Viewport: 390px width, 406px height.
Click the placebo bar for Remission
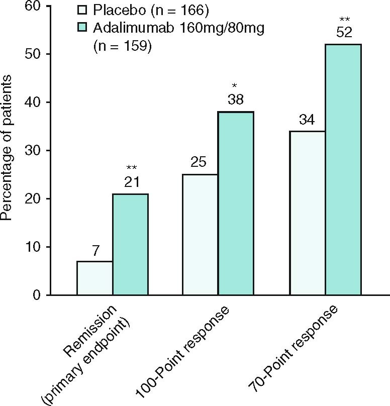click(94, 278)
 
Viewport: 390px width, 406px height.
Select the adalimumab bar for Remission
click(130, 244)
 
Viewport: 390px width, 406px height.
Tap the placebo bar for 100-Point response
click(200, 235)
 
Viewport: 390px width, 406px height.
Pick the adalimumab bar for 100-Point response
click(236, 203)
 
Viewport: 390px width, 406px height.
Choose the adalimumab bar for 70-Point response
click(343, 169)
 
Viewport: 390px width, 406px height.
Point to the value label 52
click(344, 34)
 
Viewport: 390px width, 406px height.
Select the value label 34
click(308, 121)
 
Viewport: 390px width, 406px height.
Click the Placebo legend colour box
click(82, 10)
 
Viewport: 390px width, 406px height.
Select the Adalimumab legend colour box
click(82, 28)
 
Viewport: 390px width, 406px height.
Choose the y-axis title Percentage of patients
click(7, 151)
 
